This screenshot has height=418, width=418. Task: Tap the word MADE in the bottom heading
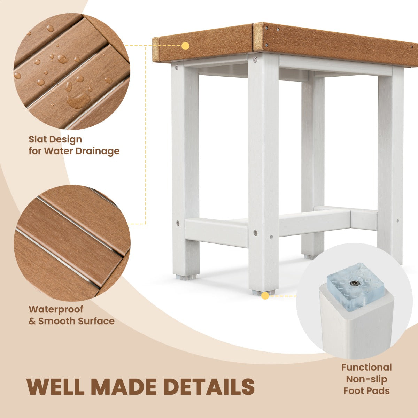(123, 386)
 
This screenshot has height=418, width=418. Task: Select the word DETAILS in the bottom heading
(209, 386)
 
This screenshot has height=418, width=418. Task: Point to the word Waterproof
(56, 310)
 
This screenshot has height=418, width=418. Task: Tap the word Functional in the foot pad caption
(366, 367)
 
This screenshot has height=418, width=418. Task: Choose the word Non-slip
(366, 379)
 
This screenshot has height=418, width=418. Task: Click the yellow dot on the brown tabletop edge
(185, 46)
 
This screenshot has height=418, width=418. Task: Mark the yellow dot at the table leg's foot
(265, 296)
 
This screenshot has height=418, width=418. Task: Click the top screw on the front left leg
(177, 67)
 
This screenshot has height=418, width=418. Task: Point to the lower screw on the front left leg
(178, 223)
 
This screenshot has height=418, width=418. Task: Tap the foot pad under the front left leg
(186, 277)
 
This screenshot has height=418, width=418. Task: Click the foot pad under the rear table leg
(310, 257)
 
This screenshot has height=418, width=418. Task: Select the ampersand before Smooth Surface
(32, 321)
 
